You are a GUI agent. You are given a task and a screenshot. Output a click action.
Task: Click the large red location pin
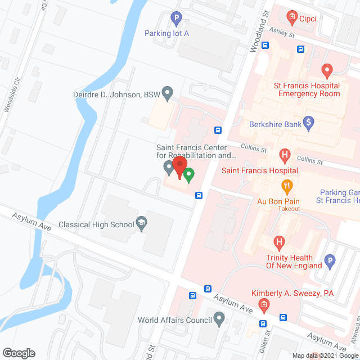[x=179, y=168]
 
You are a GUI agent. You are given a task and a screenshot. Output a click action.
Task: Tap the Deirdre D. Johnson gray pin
[x=167, y=92]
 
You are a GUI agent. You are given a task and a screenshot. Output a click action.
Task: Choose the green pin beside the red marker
[x=190, y=175]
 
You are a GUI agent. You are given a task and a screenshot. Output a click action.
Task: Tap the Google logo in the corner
[x=18, y=353]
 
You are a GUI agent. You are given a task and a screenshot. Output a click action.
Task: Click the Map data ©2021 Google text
[x=325, y=355]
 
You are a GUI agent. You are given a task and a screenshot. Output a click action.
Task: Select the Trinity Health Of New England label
[x=294, y=262]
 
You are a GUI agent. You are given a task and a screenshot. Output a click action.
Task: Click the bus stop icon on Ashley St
[x=301, y=49]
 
